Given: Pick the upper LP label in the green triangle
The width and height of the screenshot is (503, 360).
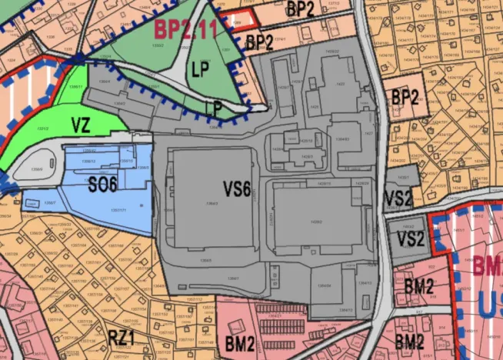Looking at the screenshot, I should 199,68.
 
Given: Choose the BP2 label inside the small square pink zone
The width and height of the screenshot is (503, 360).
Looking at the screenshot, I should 406,98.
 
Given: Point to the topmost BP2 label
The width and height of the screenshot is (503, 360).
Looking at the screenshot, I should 300,10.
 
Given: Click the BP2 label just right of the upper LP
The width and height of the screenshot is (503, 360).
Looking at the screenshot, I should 260,42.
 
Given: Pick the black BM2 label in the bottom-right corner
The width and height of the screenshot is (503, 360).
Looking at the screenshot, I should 409,340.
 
